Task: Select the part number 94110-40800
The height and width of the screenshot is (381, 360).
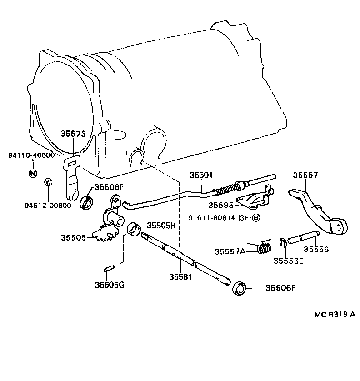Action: [31, 155]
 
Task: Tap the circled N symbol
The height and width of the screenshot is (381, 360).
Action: [32, 173]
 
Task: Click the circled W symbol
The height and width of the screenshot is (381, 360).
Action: [48, 182]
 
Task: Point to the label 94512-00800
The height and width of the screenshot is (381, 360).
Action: [48, 205]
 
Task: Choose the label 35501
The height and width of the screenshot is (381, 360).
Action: [201, 175]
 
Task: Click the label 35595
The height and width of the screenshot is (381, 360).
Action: [220, 205]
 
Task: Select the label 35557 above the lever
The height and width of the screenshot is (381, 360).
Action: [305, 175]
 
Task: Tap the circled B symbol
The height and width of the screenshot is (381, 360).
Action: [255, 218]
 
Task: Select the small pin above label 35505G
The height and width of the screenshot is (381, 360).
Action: [109, 269]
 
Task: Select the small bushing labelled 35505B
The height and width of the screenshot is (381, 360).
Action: [133, 229]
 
